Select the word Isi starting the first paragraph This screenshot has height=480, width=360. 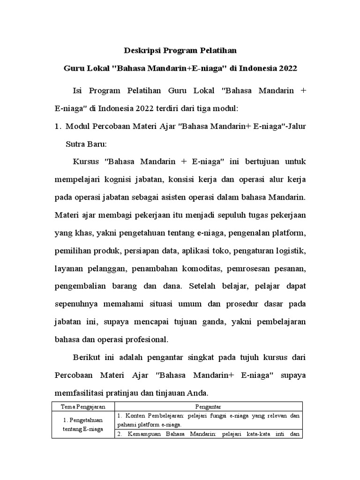pos(79,90)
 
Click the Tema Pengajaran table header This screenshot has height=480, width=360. pos(82,406)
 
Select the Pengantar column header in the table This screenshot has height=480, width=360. pos(209,406)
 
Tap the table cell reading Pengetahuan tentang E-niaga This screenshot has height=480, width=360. pos(82,425)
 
